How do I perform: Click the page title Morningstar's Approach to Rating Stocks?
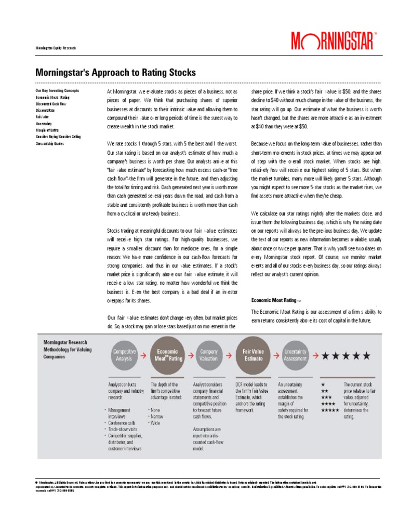tap(115, 72)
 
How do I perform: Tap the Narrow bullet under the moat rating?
tap(155, 416)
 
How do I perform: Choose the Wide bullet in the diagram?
tap(154, 423)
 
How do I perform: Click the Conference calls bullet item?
tap(125, 423)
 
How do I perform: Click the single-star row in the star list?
tap(323, 384)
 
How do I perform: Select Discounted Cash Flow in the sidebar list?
tap(51, 104)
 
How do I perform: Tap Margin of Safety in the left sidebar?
tap(47, 130)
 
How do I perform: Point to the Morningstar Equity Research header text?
tap(55, 48)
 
